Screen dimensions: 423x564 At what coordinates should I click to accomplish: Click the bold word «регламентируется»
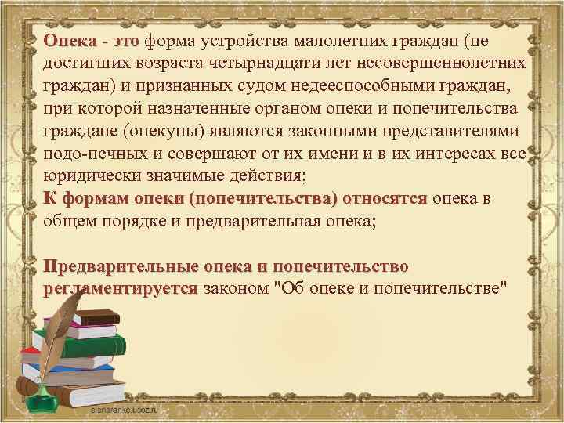[121, 288]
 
